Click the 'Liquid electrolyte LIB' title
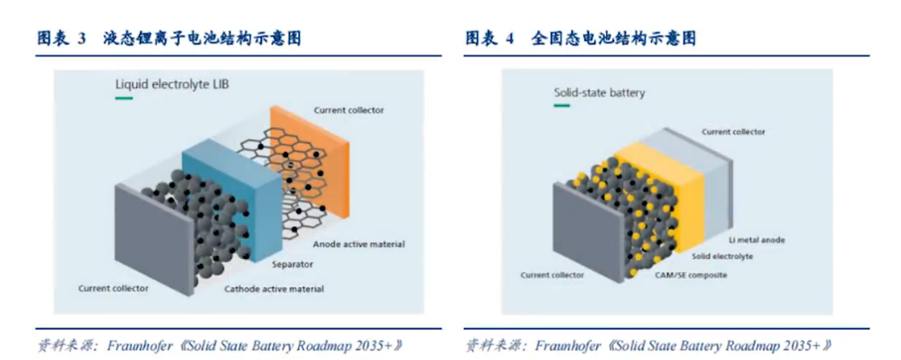point(172,85)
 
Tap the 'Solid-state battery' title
point(599,93)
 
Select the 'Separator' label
point(292,264)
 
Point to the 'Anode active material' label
point(359,244)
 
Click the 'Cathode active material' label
point(274,288)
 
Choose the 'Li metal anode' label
point(756,240)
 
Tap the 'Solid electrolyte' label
point(722,256)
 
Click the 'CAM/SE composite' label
point(691,275)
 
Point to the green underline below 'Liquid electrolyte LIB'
point(124,98)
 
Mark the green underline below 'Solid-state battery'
point(562,105)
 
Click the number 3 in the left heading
point(82,38)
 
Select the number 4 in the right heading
point(510,38)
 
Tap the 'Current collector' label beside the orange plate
point(349,110)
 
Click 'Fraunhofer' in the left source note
point(140,345)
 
